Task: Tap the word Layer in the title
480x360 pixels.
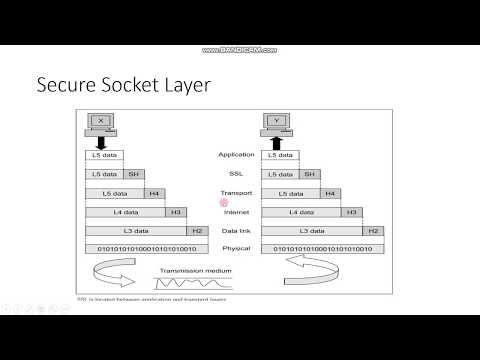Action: (186, 86)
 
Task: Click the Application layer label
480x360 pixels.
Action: (236, 155)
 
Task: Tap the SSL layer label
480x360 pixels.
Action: (236, 173)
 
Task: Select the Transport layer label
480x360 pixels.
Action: (236, 192)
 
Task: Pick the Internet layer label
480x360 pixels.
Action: (236, 211)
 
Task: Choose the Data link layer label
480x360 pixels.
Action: (236, 230)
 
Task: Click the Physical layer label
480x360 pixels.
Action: (236, 248)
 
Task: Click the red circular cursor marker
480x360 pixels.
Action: (226, 204)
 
